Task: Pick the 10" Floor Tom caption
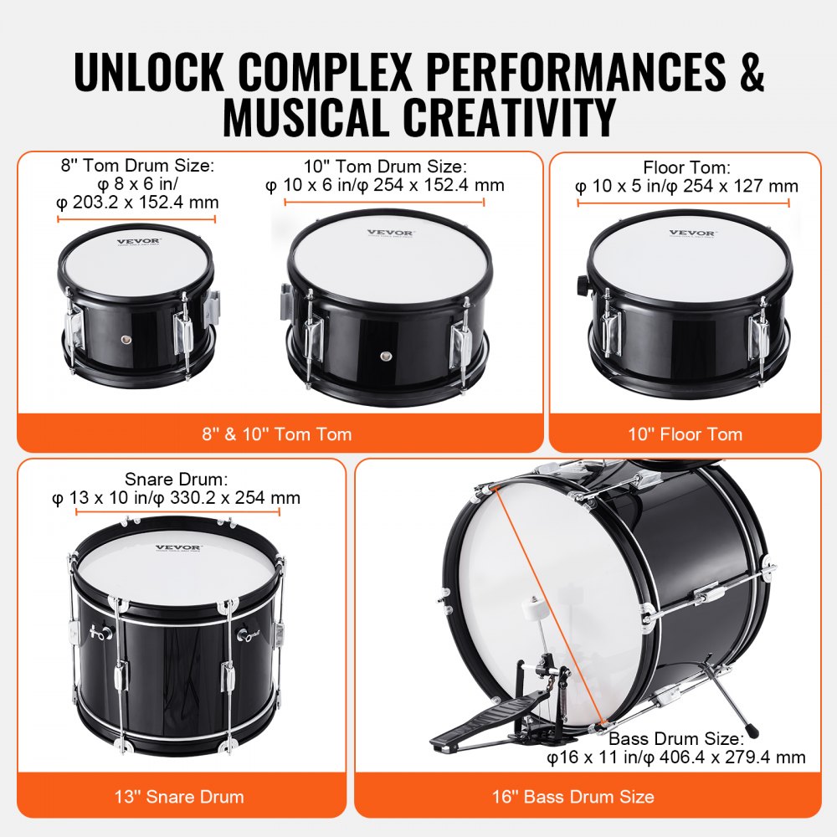click(685, 434)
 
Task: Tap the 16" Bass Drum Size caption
click(587, 796)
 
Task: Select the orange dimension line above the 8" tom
click(136, 219)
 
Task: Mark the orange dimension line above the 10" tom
click(385, 202)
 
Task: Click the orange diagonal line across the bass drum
click(548, 603)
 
